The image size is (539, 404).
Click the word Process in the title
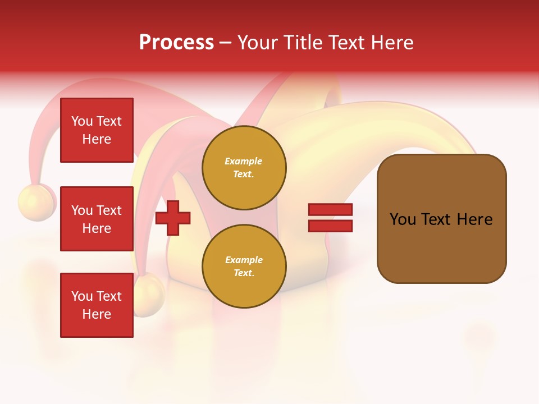tap(176, 43)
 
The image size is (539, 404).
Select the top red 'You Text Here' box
tap(97, 130)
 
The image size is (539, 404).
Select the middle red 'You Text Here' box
tap(97, 219)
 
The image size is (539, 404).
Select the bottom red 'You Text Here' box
tap(97, 305)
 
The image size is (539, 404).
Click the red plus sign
tap(173, 218)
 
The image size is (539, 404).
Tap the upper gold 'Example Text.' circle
tap(244, 168)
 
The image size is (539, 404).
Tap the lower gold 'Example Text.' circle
tap(244, 267)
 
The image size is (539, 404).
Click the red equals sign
tap(330, 218)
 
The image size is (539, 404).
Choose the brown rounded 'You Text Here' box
tap(441, 219)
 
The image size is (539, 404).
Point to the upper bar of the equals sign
tap(330, 210)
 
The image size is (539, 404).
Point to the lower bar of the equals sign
tap(330, 226)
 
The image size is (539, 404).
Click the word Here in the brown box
tap(474, 219)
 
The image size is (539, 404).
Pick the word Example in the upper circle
tap(244, 162)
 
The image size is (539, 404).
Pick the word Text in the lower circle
tap(243, 273)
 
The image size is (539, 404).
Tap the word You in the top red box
tap(82, 121)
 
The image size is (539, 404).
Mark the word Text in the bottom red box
tap(109, 296)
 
